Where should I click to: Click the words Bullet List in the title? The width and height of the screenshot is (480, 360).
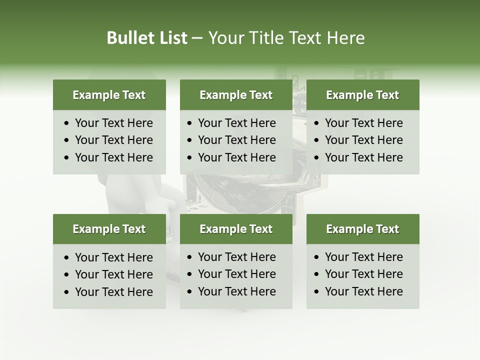click(x=146, y=38)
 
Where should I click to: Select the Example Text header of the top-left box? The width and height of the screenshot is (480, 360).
click(x=109, y=95)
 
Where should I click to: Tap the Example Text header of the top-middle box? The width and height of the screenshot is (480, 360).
click(x=236, y=95)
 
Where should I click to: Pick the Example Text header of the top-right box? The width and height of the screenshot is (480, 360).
click(x=362, y=95)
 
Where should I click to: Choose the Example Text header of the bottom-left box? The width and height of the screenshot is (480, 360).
click(x=109, y=229)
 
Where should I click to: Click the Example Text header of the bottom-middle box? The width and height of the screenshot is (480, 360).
click(x=236, y=229)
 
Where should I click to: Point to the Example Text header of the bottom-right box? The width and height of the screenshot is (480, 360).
click(x=362, y=229)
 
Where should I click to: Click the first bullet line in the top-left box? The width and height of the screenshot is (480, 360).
click(x=114, y=123)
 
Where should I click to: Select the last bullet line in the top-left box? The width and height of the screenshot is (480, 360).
click(x=114, y=157)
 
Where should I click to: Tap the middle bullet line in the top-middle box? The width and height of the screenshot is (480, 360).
click(x=237, y=140)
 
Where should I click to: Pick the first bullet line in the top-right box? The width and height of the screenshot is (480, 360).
click(x=364, y=123)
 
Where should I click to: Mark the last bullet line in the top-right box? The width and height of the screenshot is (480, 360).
click(x=364, y=157)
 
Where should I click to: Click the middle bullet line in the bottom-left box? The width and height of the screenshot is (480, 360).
click(x=114, y=274)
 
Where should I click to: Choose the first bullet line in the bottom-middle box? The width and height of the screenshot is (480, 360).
click(x=237, y=257)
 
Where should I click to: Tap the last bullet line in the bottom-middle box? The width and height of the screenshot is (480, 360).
click(x=237, y=291)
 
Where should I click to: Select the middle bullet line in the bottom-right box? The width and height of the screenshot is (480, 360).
click(x=364, y=274)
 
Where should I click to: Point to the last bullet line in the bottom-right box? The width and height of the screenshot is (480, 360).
click(x=364, y=291)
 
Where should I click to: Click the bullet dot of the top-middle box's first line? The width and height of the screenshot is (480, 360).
click(x=189, y=123)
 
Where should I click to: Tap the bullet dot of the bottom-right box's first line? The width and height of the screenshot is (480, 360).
click(x=316, y=257)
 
